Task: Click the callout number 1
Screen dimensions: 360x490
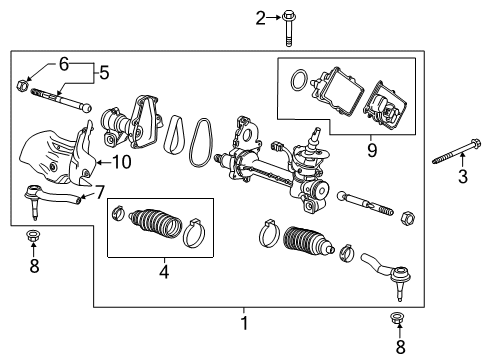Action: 243,323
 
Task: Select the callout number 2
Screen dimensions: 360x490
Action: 233,17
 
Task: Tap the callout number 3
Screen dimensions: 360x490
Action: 462,178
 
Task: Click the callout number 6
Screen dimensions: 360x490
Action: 63,62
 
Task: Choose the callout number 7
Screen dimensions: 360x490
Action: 99,190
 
